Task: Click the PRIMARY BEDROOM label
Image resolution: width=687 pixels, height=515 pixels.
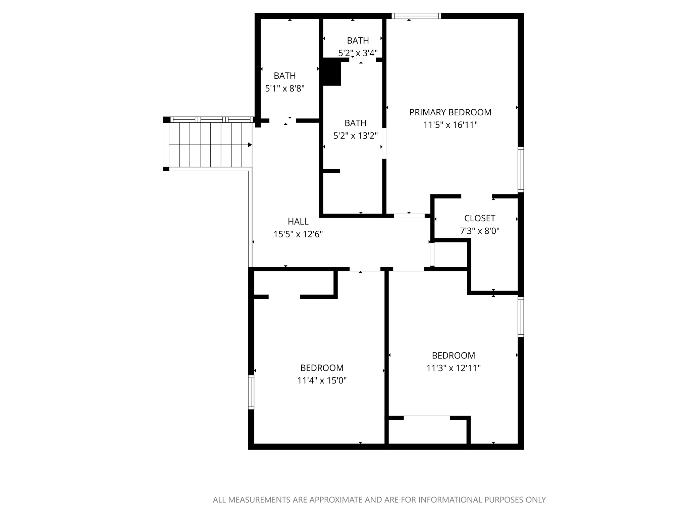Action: tap(450, 112)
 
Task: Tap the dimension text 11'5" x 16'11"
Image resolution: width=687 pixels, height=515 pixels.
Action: tap(450, 125)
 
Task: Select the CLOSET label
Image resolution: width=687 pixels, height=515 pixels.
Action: tap(479, 218)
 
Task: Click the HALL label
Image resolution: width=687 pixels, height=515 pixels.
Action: tap(298, 222)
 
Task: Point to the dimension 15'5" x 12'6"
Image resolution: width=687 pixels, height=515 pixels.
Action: tap(298, 234)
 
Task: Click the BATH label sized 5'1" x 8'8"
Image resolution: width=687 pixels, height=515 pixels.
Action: tap(284, 76)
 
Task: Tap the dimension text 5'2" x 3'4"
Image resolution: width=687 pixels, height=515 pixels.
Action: tap(358, 53)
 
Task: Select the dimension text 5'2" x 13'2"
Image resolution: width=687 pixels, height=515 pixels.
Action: tap(355, 136)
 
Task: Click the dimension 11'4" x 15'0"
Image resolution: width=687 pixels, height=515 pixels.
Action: tap(322, 381)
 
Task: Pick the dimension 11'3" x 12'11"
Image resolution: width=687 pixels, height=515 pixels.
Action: tap(453, 368)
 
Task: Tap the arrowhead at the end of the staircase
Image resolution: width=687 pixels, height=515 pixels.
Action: tap(250, 145)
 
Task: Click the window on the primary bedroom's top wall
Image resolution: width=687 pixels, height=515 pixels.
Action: tap(416, 16)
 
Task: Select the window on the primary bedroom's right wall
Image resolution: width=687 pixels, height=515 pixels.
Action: tap(521, 170)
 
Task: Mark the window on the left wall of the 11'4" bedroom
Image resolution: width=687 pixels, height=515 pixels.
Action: tap(251, 392)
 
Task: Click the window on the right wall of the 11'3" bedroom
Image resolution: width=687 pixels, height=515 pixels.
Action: tap(521, 317)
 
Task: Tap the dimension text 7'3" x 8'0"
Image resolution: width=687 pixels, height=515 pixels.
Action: tap(479, 231)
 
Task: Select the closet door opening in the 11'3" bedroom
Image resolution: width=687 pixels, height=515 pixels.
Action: tap(427, 418)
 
